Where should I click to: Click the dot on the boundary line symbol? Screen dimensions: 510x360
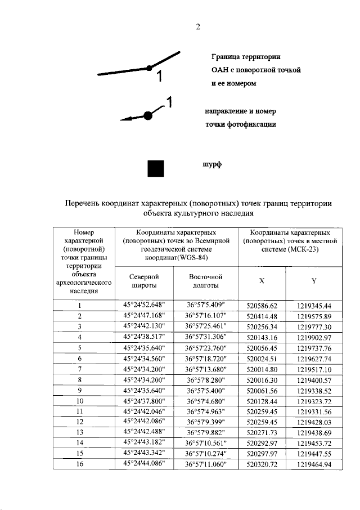[149, 68]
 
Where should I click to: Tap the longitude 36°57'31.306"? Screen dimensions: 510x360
[205, 337]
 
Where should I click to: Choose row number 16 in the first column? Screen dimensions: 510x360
[80, 465]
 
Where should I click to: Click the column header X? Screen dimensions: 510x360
[262, 281]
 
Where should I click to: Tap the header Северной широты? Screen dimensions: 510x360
[144, 281]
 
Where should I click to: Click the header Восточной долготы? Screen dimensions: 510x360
[206, 281]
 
